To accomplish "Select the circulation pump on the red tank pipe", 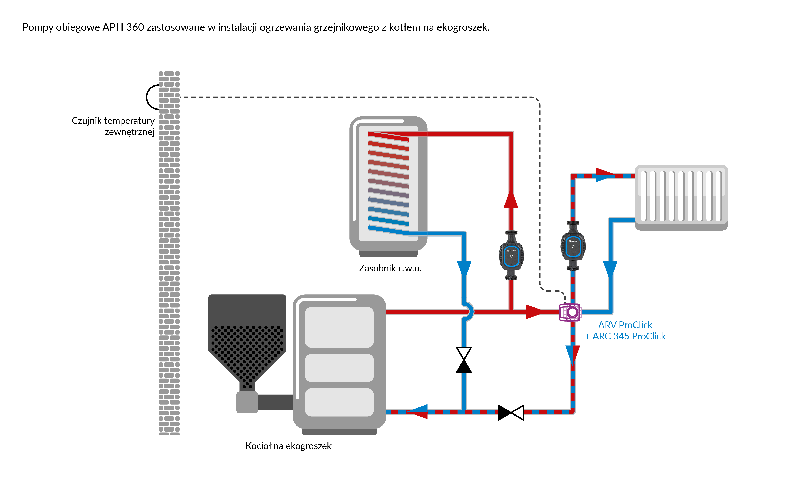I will (x=511, y=255).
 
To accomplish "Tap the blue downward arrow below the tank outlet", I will (x=464, y=268).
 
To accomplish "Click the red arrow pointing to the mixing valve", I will (x=533, y=312).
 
